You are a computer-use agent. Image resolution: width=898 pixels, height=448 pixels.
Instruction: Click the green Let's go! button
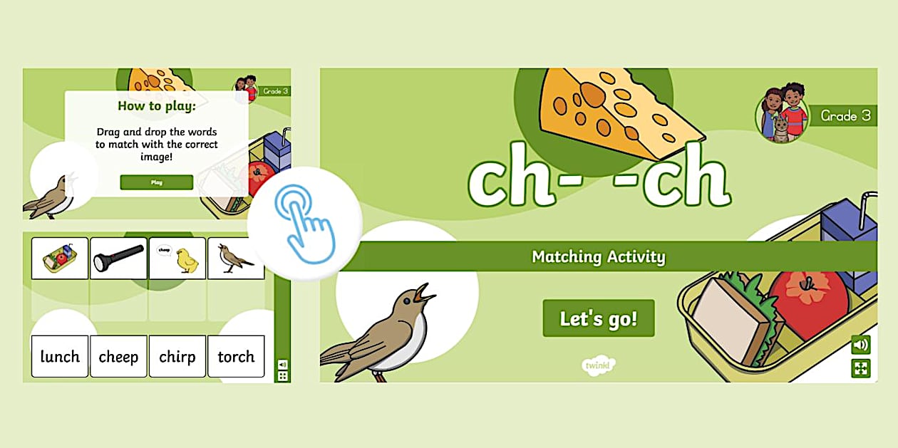(x=598, y=318)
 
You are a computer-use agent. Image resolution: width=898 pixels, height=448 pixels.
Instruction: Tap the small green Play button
(x=156, y=182)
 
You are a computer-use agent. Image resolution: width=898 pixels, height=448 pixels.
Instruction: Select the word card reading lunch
(x=60, y=356)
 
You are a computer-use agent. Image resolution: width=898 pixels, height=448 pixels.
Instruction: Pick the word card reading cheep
(x=118, y=356)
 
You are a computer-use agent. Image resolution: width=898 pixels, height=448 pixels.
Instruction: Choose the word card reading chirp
(x=177, y=356)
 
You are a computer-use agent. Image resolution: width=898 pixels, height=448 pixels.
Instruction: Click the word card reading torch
(x=236, y=356)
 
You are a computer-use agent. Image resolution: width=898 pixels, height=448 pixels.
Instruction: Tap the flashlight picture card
(x=118, y=258)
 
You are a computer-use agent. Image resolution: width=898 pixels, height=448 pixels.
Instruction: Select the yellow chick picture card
(x=177, y=258)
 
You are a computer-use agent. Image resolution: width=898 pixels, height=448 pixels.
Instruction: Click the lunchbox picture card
(x=60, y=258)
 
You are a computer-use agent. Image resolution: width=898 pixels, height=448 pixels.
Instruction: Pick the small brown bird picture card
(x=235, y=258)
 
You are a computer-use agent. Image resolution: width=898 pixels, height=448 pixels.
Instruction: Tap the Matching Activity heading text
(x=598, y=256)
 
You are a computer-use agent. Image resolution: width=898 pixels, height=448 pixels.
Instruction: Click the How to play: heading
(x=156, y=107)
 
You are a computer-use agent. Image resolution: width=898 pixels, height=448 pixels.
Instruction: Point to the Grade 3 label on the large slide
(x=845, y=115)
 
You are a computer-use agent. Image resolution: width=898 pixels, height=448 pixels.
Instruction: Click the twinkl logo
(x=598, y=365)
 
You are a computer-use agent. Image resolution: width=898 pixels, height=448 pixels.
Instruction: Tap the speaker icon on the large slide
(x=861, y=345)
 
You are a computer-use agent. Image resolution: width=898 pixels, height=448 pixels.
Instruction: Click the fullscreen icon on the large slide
(x=861, y=368)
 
